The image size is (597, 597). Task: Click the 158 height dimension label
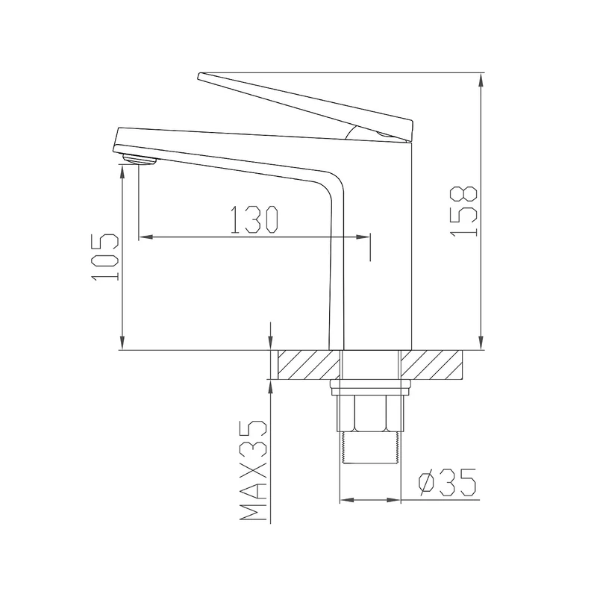tap(463, 211)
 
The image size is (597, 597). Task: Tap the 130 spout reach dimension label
tap(254, 219)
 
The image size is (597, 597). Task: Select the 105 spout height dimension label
tap(104, 257)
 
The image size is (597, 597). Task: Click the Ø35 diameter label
tap(447, 482)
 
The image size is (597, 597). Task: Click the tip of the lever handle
tap(199, 76)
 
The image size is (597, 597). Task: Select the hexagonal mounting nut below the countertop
tap(370, 413)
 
